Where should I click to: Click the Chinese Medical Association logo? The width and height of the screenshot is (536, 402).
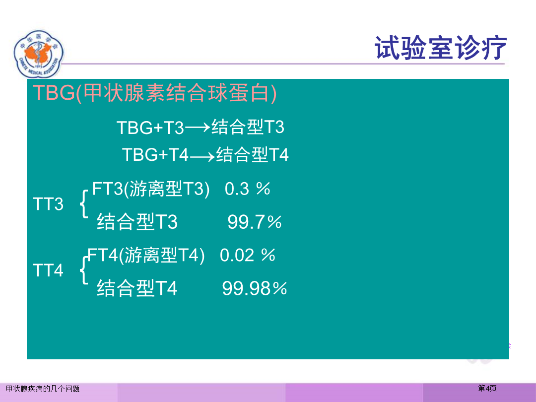point(39,55)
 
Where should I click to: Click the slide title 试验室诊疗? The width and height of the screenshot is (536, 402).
point(441,48)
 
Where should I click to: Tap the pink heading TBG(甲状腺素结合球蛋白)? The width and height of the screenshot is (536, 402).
point(154,93)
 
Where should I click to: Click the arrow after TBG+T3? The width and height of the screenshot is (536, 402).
point(197,128)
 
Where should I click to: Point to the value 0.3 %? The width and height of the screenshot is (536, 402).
point(248,189)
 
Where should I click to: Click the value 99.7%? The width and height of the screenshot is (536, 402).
point(254,222)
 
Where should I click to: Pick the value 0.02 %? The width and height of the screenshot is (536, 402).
point(248,255)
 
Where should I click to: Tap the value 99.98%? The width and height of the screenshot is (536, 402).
point(254,288)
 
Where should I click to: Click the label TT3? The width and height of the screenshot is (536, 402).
point(48,204)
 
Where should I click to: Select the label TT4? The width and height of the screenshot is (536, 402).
point(48,270)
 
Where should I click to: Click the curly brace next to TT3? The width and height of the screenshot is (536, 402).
point(84,204)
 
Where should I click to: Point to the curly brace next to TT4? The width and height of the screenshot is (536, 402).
point(84,270)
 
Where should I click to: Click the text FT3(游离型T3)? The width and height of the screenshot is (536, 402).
point(151,189)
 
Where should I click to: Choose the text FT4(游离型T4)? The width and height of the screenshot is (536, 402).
point(146,256)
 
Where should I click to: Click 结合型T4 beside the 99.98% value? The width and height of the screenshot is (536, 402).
point(137,288)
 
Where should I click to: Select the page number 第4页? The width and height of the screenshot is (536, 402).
point(487,388)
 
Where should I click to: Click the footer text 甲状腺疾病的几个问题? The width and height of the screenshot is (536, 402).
point(43,389)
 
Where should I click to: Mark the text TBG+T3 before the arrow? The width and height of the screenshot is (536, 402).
point(150,128)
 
